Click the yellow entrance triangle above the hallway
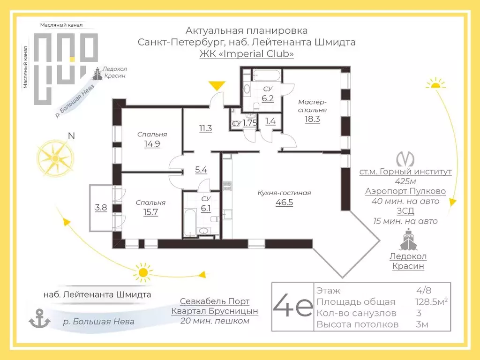[x=217, y=85]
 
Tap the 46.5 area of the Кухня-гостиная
[x=285, y=202]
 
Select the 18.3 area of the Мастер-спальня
[x=312, y=119]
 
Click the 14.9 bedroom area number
[x=152, y=143]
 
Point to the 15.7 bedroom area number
[x=150, y=212]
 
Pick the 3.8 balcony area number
[x=101, y=208]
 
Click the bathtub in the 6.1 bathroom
[x=190, y=223]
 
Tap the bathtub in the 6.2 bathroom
[x=267, y=75]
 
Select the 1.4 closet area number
[x=270, y=121]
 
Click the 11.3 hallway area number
[x=205, y=128]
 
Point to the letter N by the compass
[x=71, y=135]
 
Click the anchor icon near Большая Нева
[x=39, y=318]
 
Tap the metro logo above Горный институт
[x=405, y=159]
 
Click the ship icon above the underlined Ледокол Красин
[x=408, y=240]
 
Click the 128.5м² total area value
[x=431, y=301]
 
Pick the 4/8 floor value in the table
[x=424, y=290]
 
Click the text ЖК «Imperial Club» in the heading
[x=247, y=53]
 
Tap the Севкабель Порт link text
[x=215, y=301]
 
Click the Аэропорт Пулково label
[x=405, y=191]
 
